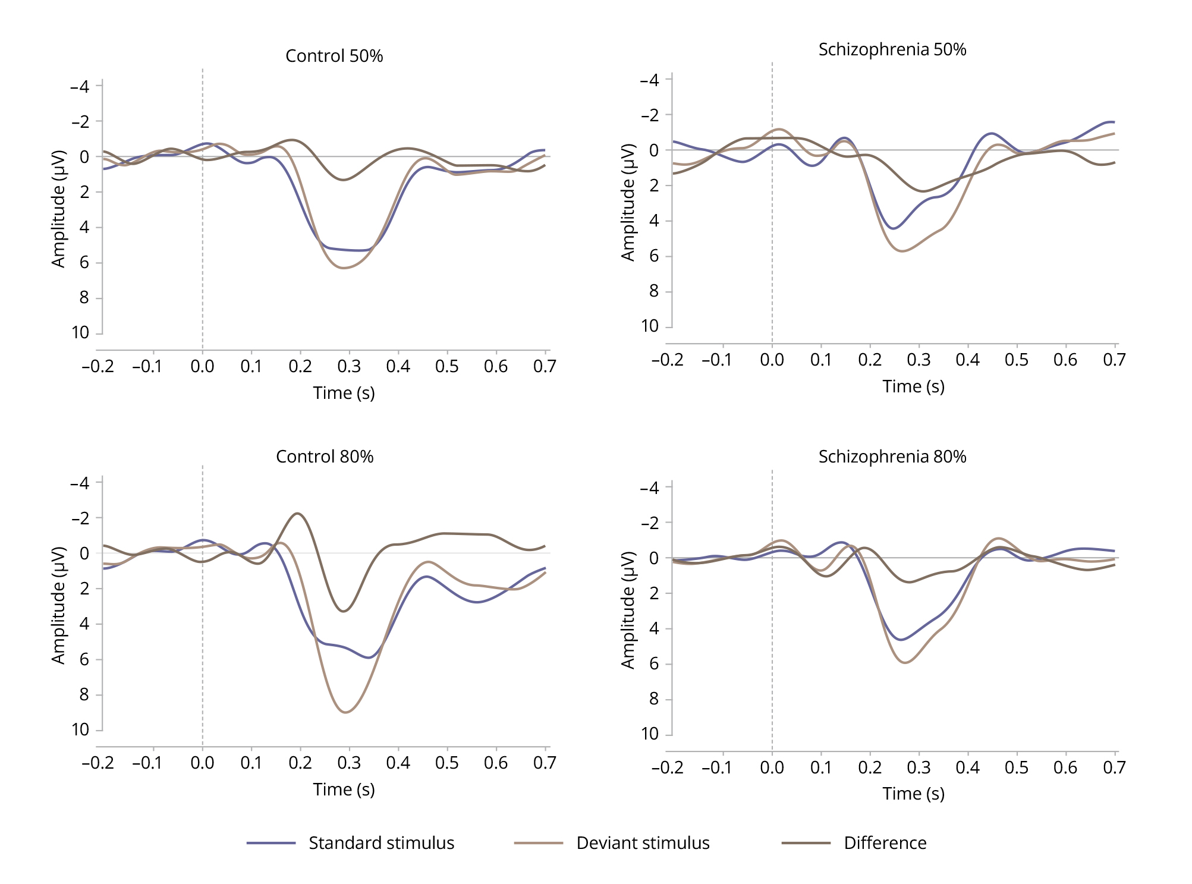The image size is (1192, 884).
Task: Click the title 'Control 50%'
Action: point(334,56)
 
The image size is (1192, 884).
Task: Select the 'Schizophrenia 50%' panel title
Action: point(892,49)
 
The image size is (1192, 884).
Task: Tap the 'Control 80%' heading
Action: point(325,457)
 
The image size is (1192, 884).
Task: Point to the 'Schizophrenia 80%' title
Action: point(892,457)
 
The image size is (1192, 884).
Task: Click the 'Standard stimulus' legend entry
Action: point(381,843)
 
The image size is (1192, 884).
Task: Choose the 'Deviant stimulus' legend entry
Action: point(643,843)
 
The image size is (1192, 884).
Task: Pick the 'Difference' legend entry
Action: point(885,843)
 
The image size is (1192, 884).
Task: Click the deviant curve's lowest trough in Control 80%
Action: point(346,712)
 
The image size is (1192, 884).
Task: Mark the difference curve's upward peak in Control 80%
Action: point(297,514)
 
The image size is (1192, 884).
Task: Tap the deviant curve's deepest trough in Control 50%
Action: point(344,268)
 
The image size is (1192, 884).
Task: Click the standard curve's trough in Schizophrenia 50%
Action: point(894,228)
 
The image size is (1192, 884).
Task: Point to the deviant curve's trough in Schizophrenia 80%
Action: point(905,662)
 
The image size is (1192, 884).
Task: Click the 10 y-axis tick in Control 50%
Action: point(81,333)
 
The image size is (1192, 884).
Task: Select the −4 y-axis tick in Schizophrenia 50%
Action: point(650,80)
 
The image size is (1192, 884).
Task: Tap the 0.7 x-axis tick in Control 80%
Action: point(545,763)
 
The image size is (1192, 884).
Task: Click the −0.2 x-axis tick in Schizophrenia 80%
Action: point(668,767)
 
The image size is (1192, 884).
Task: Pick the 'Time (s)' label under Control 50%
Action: point(344,393)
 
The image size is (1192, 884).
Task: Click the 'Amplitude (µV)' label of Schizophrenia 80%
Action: point(628,610)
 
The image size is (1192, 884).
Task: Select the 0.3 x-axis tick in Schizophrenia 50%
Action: point(919,360)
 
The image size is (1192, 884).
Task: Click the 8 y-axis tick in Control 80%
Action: point(84,694)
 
